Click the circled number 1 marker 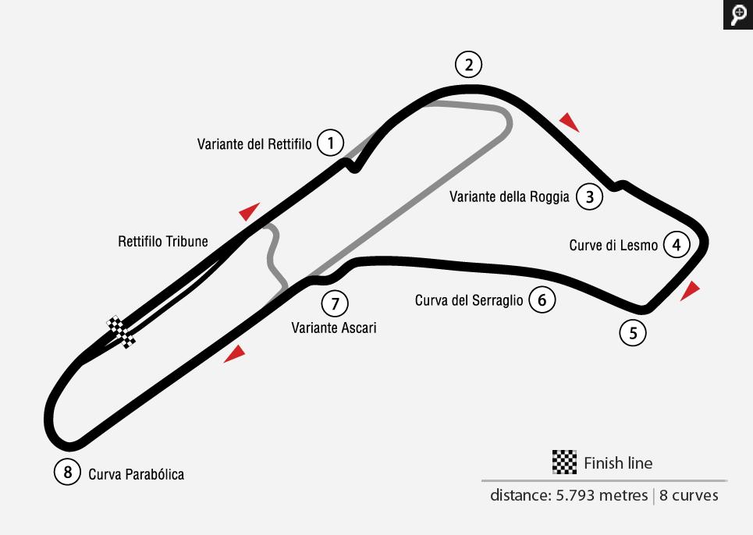point(332,143)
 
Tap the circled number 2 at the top point(468,65)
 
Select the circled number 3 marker point(590,197)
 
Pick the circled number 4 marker point(677,245)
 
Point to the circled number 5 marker point(633,334)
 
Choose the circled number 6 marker point(542,299)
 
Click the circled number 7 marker point(335,303)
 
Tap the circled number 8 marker point(68,472)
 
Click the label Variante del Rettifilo point(254,144)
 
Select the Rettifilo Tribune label point(163,241)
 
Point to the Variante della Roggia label point(510,197)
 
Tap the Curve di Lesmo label point(613,246)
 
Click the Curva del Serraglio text point(469,300)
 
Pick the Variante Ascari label point(334,328)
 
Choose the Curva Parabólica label point(137,473)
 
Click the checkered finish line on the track point(122,331)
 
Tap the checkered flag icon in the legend point(564,462)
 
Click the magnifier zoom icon point(737,14)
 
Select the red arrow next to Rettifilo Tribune point(249,211)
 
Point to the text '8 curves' point(689,495)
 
